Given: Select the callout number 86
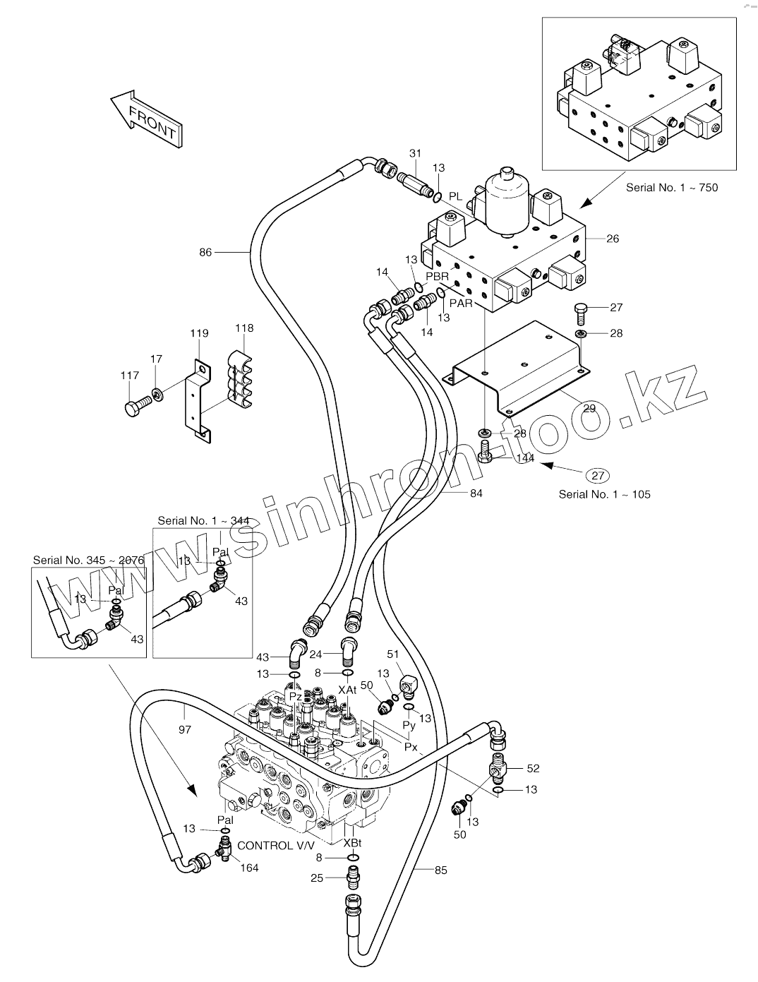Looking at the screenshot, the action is [x=205, y=253].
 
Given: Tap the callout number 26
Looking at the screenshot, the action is [x=613, y=239].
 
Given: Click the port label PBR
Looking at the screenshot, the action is [x=437, y=277].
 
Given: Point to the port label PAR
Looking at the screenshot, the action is [x=461, y=304].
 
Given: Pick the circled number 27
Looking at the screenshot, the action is [x=598, y=476].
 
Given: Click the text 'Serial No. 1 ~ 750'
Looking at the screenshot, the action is [x=672, y=188].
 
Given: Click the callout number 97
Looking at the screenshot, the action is [x=185, y=729].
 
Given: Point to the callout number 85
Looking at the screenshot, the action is [x=440, y=870].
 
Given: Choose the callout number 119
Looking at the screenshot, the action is [x=199, y=333].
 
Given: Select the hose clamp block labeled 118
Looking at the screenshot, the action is [x=239, y=378].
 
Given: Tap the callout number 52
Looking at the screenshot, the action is [x=533, y=768].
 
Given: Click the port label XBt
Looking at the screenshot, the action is [x=352, y=843].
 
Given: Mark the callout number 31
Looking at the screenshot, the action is [x=415, y=154].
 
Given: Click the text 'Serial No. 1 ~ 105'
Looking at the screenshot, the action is [x=604, y=494].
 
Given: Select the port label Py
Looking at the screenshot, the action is [x=409, y=725].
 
